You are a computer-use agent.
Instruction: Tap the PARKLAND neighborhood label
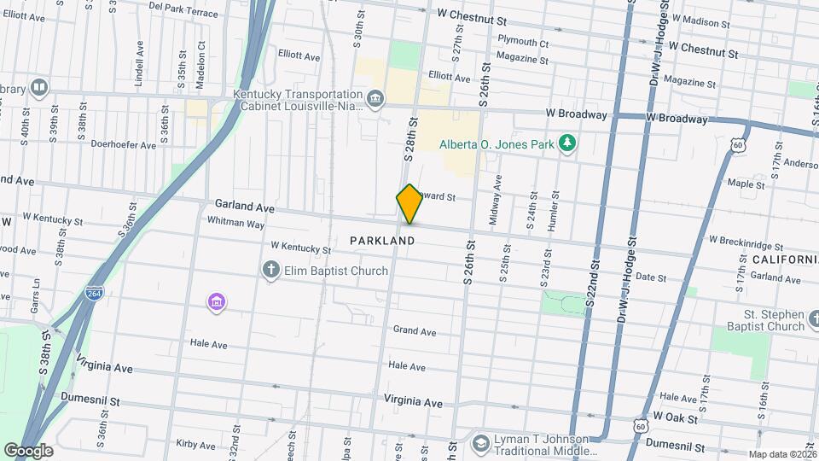pyautogui.click(x=382, y=242)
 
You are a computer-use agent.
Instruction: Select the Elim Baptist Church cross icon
pyautogui.click(x=270, y=271)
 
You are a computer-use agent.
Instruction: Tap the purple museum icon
pyautogui.click(x=217, y=301)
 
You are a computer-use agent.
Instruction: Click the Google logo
pyautogui.click(x=27, y=450)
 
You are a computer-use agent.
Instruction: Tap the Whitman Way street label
pyautogui.click(x=235, y=223)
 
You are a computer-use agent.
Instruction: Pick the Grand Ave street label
pyautogui.click(x=415, y=331)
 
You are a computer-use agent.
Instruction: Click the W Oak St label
pyautogui.click(x=677, y=419)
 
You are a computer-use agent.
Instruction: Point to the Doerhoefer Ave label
pyautogui.click(x=124, y=145)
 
